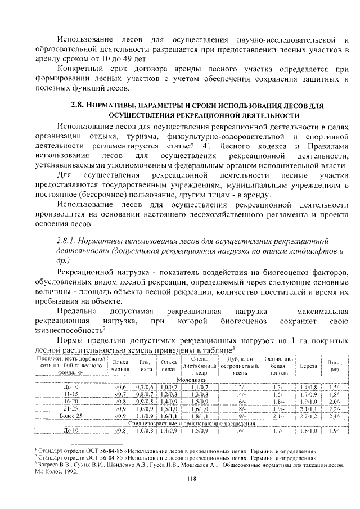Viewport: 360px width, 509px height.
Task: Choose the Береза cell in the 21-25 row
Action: [x=309, y=409]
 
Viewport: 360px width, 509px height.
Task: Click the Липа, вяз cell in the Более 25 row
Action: [x=335, y=416]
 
